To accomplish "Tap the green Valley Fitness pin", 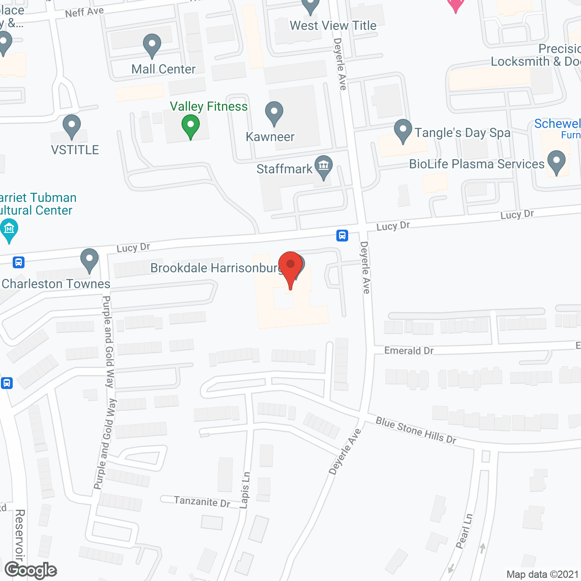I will tap(191, 126).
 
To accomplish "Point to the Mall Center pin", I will tap(152, 46).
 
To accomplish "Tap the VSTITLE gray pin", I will tap(72, 126).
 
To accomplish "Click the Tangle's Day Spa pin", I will tap(403, 131).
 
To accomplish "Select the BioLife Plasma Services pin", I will tap(556, 162).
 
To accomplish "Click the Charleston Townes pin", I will tap(89, 260).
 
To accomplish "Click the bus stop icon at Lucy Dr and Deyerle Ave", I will tap(342, 235).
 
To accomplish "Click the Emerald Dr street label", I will tap(409, 350).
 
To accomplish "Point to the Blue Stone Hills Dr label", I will tap(416, 430).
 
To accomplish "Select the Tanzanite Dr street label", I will tap(202, 502).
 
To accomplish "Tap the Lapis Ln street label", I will tap(245, 490).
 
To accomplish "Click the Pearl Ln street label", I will tap(464, 531).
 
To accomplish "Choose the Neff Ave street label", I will tap(84, 12).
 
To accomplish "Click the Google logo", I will tap(31, 570).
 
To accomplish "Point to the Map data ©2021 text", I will tap(542, 574).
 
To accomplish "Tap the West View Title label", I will tap(333, 25).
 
